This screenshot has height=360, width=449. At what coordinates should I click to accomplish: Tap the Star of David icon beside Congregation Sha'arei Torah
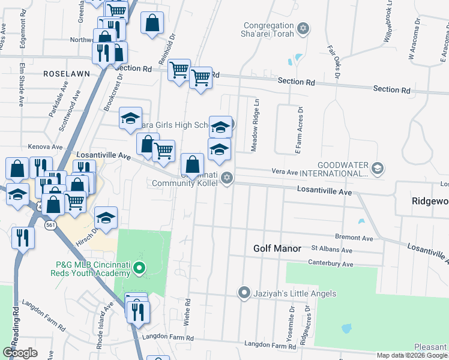coord(303,28)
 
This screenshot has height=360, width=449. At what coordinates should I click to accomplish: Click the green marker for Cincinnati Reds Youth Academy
coord(139,268)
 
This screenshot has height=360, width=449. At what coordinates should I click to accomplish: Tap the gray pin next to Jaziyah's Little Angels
coord(244,293)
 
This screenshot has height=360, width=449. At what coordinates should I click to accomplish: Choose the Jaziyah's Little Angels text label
coord(294,293)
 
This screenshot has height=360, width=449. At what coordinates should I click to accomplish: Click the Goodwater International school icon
coord(377,167)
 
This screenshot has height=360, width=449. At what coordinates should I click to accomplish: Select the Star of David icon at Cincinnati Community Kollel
coord(227,177)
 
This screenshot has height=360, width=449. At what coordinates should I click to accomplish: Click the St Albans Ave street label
coord(331,249)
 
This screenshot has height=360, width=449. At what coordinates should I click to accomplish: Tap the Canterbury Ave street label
coord(328,262)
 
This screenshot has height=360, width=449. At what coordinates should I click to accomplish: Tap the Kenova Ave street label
coord(45,146)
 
